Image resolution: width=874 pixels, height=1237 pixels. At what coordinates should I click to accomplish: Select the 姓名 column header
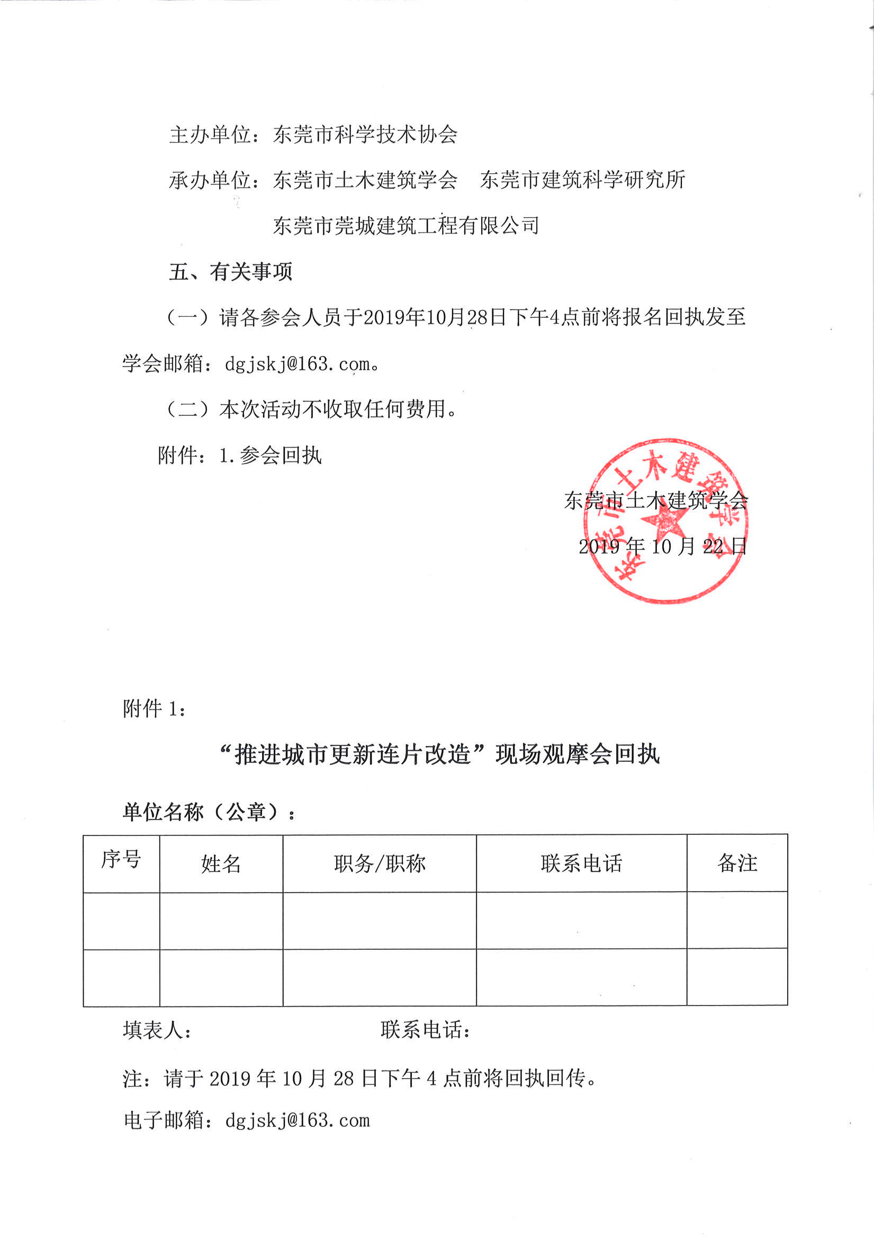pyautogui.click(x=221, y=864)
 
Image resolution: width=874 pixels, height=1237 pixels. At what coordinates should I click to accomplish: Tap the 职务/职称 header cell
pyautogui.click(x=380, y=864)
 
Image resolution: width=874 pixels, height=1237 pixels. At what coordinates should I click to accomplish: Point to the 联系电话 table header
pyautogui.click(x=582, y=863)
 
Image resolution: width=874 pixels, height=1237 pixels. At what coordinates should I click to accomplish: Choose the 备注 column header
pyautogui.click(x=737, y=863)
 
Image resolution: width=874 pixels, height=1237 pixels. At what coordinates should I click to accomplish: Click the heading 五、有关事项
pyautogui.click(x=230, y=272)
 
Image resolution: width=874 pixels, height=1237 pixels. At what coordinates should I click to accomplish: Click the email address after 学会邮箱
pyautogui.click(x=298, y=364)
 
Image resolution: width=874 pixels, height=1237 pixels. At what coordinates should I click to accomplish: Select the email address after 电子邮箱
pyautogui.click(x=298, y=1121)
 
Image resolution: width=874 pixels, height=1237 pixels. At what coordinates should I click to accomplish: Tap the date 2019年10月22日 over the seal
pyautogui.click(x=662, y=546)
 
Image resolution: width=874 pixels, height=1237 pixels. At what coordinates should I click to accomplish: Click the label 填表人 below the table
pyautogui.click(x=157, y=1030)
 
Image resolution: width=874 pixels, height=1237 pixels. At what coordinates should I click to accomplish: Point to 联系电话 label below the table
pyautogui.click(x=426, y=1030)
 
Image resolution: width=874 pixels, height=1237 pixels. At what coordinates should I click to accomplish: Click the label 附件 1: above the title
pyautogui.click(x=155, y=708)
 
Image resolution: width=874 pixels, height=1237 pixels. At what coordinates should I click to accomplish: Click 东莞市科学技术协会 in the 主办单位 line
pyautogui.click(x=365, y=134)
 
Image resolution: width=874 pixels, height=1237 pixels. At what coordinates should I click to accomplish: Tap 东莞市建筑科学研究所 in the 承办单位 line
pyautogui.click(x=582, y=180)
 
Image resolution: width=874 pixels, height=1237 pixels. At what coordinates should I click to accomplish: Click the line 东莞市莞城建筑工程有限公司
pyautogui.click(x=406, y=225)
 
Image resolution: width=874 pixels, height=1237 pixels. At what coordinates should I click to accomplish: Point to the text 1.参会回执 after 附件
pyautogui.click(x=271, y=456)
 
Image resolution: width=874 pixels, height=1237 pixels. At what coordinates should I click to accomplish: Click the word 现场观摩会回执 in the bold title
pyautogui.click(x=577, y=754)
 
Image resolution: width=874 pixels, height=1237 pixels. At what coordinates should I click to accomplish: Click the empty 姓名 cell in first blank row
pyautogui.click(x=221, y=921)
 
